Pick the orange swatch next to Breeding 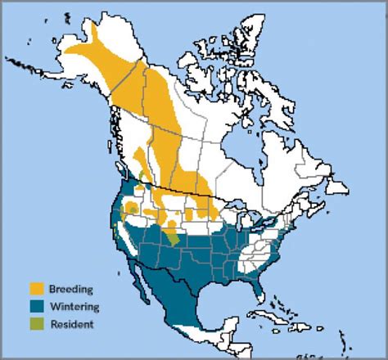pos(37,289)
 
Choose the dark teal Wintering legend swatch pos(37,307)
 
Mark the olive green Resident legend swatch pos(37,324)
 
